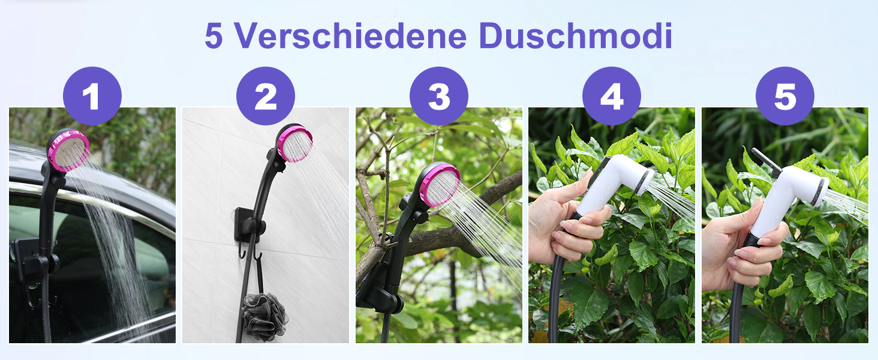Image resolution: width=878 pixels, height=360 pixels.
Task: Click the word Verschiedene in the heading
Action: coord(351,35)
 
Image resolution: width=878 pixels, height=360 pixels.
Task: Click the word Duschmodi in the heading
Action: coord(575,35)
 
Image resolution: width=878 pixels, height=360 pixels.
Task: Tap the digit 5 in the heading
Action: coord(214,35)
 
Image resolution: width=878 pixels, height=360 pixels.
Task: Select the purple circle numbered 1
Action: coord(92,96)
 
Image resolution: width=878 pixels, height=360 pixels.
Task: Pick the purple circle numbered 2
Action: coord(265,96)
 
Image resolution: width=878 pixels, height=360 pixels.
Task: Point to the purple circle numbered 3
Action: coord(438,96)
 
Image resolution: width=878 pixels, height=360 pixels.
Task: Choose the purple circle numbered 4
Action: coord(612,96)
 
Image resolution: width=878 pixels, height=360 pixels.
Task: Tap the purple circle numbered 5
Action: coord(784,96)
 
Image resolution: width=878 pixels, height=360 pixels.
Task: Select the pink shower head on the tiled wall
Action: coord(294,143)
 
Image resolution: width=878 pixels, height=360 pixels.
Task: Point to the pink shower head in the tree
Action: coord(440,185)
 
